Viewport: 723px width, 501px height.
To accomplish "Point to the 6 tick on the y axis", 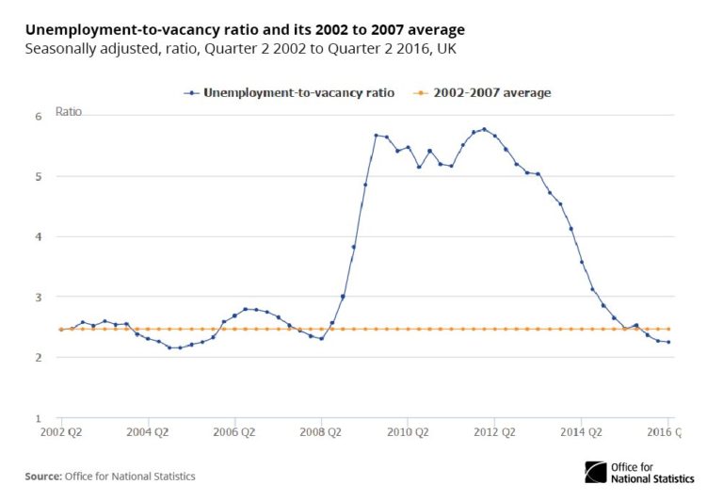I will click(x=39, y=116).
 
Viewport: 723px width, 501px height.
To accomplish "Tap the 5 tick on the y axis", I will click(x=39, y=176).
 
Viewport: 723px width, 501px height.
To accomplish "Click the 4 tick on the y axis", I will click(x=39, y=236).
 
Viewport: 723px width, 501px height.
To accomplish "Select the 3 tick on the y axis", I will click(x=39, y=297).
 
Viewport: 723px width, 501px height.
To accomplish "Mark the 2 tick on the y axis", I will click(x=39, y=358).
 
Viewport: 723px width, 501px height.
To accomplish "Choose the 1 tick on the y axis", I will click(x=39, y=418).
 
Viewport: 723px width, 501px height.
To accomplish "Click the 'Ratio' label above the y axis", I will click(x=69, y=111).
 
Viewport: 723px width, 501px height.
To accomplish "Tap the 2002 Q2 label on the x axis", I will click(x=61, y=433).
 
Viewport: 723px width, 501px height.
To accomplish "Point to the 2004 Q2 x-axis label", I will click(x=148, y=433).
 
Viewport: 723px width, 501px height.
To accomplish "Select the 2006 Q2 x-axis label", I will click(x=234, y=433).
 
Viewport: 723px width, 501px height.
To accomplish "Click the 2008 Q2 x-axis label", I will click(x=321, y=433).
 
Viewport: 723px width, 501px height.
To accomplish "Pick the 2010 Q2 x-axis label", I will click(x=408, y=433).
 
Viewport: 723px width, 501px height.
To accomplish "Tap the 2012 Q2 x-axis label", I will click(x=494, y=433).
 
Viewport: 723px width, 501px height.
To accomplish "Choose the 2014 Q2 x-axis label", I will click(x=581, y=433).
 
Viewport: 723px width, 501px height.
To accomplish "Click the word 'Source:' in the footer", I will click(x=43, y=477).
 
